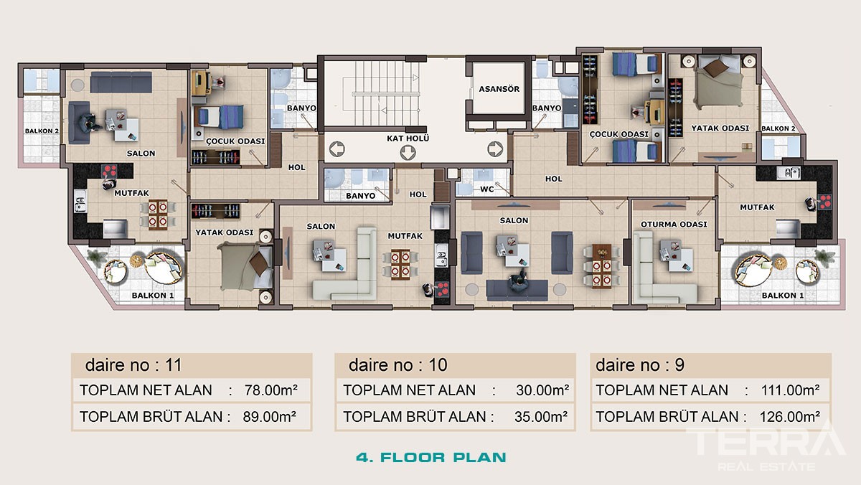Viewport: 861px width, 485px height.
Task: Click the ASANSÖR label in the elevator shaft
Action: point(499,89)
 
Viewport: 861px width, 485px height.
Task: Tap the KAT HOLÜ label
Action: point(408,138)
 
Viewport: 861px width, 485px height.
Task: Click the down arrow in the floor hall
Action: point(408,153)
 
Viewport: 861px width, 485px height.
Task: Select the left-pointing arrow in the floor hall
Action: point(337,149)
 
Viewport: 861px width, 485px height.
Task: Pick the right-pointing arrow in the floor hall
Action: point(495,149)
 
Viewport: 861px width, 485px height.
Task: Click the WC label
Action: point(486,189)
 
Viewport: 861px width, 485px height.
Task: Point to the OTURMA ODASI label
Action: point(674,225)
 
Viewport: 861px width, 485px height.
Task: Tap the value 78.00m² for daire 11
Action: point(271,390)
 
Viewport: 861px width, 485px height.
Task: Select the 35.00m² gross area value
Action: point(541,417)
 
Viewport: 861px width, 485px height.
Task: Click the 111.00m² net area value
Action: point(790,390)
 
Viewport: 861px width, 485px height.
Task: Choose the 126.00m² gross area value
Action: point(790,417)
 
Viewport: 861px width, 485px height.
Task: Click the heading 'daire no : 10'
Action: point(397,364)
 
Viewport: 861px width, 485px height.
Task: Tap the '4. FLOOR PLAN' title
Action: point(431,457)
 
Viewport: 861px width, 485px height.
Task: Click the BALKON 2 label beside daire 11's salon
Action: point(42,131)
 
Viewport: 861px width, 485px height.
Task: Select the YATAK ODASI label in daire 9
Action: point(720,128)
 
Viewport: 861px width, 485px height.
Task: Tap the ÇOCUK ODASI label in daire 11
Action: point(235,141)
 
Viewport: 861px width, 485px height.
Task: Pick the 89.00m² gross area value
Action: point(270,417)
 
